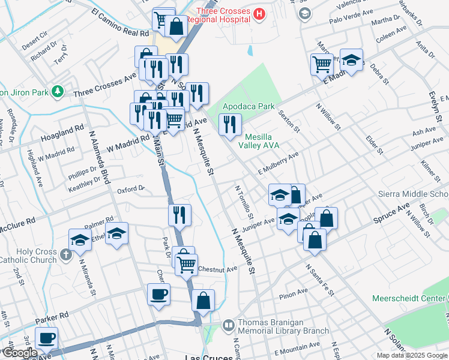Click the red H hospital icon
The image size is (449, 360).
click(x=259, y=14)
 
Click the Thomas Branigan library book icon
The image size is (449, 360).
click(x=228, y=325)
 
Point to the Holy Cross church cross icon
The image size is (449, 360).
click(x=66, y=255)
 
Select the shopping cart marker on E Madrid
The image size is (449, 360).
click(x=322, y=64)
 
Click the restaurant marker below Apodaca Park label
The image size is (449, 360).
click(x=230, y=125)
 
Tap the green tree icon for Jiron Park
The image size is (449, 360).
click(x=57, y=92)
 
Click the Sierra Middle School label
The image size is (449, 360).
click(x=413, y=194)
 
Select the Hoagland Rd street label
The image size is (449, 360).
click(x=62, y=134)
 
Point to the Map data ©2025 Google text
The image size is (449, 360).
click(x=412, y=355)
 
